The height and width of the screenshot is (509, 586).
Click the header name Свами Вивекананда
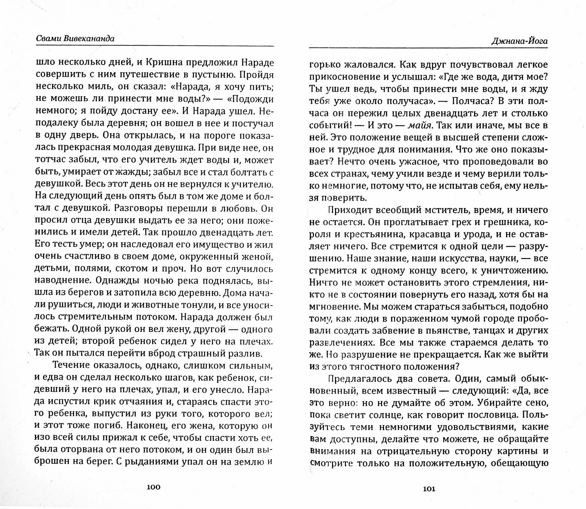pos(75,39)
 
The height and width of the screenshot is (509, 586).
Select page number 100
pos(153,487)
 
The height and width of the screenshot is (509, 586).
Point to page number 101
pos(429,489)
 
